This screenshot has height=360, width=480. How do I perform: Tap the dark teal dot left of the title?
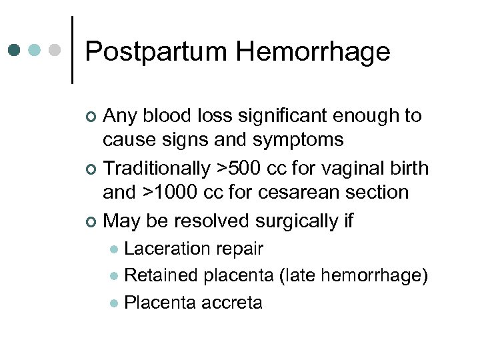(x=15, y=50)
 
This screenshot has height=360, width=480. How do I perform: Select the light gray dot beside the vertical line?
(x=56, y=50)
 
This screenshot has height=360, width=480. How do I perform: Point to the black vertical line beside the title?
(x=72, y=50)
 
